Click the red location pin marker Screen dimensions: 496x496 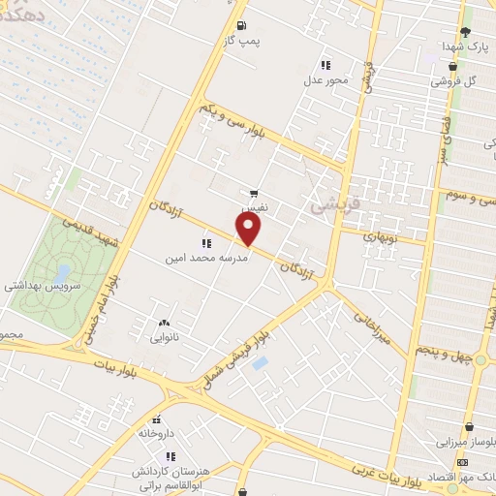click(x=249, y=230)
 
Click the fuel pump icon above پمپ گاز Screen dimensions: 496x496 click(x=240, y=26)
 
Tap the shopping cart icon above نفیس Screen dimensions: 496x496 click(x=254, y=194)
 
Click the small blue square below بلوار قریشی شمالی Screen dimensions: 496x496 click(x=259, y=363)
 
